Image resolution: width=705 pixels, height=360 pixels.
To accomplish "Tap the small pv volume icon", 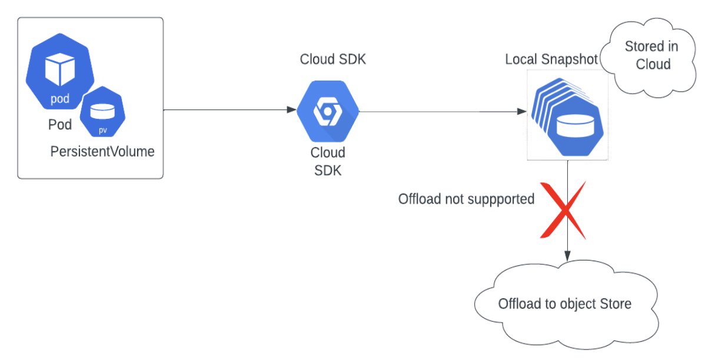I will (102, 112).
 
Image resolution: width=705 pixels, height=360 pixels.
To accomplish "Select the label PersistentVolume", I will (102, 151).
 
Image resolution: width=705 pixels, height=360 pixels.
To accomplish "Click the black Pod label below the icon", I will (60, 125).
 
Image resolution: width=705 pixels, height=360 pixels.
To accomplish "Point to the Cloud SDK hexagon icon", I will (328, 112).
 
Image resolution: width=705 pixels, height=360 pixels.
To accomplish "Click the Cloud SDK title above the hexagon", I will (333, 59).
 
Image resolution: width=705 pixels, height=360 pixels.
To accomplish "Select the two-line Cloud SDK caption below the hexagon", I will (328, 161).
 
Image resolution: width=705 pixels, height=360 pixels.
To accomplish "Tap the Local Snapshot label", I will (551, 60).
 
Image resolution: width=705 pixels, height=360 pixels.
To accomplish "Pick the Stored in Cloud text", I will (651, 55).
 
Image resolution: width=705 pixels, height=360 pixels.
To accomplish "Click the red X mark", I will (564, 210).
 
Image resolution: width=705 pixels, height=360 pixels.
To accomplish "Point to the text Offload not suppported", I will (466, 199).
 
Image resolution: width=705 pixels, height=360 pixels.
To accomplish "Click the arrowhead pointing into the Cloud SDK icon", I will (291, 110).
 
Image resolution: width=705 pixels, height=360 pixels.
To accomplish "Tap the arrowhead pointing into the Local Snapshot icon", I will (521, 111).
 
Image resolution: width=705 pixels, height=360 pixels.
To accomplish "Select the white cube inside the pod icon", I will (60, 68).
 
